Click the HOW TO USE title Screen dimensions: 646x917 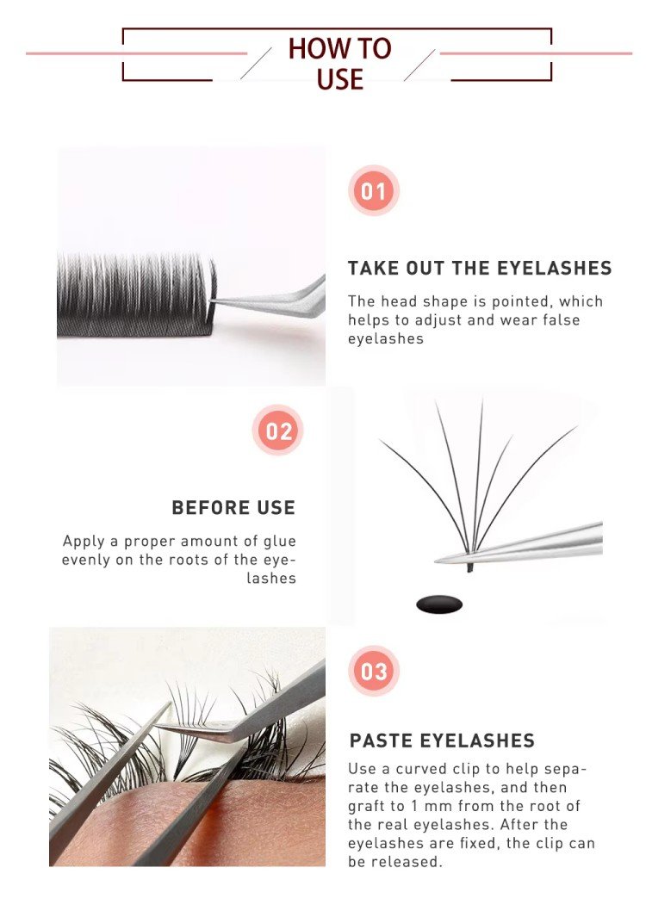340,64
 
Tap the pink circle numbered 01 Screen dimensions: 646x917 374,190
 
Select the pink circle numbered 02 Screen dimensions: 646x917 278,431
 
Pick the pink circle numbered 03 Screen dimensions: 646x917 374,671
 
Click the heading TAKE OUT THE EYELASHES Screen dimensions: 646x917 480,268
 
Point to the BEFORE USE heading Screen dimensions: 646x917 233,508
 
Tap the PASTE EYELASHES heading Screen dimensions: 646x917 442,740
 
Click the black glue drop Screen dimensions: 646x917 439,604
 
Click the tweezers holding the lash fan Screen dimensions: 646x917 519,544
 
